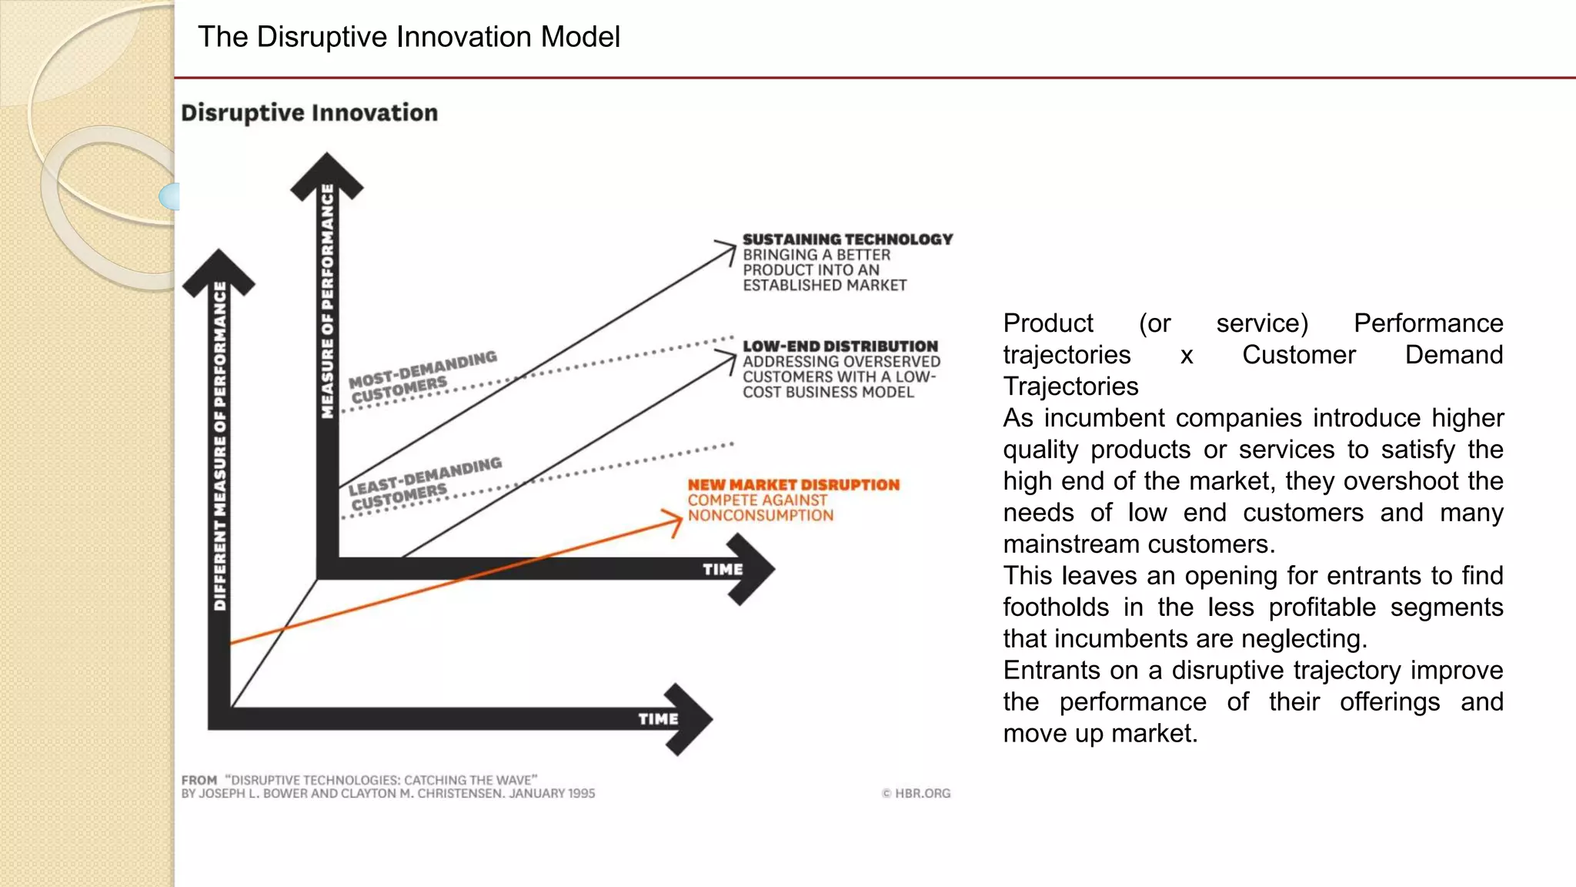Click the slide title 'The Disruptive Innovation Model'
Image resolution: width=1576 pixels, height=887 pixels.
(409, 37)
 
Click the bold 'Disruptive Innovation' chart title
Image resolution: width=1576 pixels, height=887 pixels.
(309, 112)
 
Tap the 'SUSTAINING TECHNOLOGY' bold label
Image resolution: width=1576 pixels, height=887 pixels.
(847, 239)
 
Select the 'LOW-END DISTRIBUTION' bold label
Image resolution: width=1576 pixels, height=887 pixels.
(840, 346)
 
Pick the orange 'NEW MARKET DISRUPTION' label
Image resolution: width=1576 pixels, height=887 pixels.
(793, 485)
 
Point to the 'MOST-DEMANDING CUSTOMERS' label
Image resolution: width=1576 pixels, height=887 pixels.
(422, 377)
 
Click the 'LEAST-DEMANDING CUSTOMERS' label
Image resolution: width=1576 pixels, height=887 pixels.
(424, 484)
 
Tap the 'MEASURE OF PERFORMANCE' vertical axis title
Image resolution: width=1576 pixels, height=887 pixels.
(328, 300)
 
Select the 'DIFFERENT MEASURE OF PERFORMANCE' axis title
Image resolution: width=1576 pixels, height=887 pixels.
(220, 447)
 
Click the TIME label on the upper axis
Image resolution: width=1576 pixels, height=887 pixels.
(723, 569)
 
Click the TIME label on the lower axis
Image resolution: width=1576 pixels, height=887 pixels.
(658, 718)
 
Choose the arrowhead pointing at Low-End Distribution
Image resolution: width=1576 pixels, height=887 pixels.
(728, 359)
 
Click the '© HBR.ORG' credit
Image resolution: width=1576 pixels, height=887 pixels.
(916, 793)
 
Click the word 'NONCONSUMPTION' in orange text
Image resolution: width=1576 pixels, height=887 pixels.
(760, 515)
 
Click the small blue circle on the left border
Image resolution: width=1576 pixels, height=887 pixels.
(170, 196)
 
